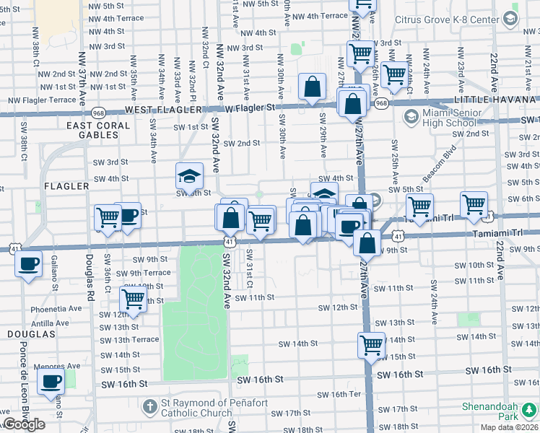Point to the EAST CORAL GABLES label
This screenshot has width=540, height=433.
pos(98,131)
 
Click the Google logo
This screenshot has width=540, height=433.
pos(24,425)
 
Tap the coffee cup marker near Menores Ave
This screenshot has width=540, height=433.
pos(51,382)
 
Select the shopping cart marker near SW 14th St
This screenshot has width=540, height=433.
pos(372,345)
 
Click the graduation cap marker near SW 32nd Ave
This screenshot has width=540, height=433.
pos(189,176)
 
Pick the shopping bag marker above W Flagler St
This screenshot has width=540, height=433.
pos(313,88)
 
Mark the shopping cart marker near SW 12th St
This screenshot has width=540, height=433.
pos(133,299)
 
